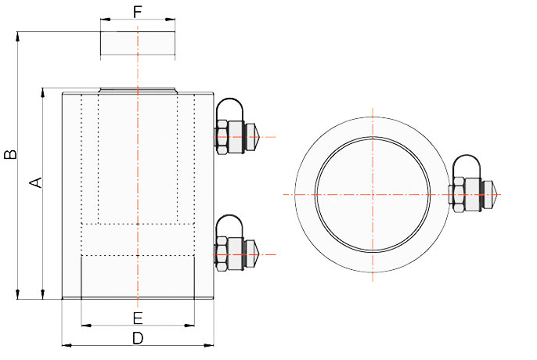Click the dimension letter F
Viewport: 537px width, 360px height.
tap(137, 12)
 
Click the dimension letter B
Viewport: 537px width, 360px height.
tap(10, 154)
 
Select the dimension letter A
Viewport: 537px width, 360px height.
tap(36, 182)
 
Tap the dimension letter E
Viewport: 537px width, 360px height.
tap(138, 319)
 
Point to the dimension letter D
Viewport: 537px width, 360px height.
tap(138, 338)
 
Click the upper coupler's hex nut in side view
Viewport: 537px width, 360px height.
tap(222, 137)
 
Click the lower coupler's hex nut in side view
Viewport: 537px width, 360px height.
tap(222, 254)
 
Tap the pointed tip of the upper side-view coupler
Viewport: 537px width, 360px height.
tap(262, 137)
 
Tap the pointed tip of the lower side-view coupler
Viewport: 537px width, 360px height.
tap(262, 254)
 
